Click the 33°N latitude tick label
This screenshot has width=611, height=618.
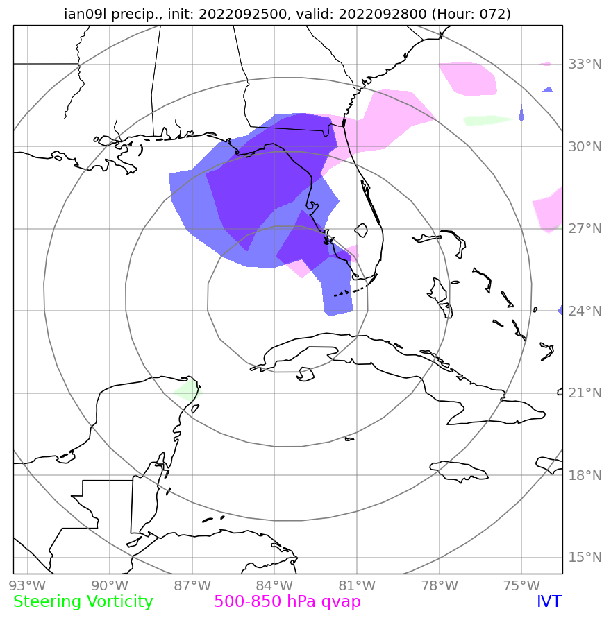coord(585,65)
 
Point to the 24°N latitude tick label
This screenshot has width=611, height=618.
coord(585,311)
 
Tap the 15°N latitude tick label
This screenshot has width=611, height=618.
coord(585,558)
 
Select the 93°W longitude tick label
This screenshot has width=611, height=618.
coord(27,584)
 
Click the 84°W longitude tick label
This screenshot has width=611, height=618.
coord(274,584)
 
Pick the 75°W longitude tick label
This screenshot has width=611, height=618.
coord(521,584)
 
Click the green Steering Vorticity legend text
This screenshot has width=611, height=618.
coord(83,601)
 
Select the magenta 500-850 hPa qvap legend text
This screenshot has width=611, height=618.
coord(287,601)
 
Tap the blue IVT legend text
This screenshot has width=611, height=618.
coord(549,601)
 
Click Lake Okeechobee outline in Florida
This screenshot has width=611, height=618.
coord(361,230)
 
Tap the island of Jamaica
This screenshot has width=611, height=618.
coord(459,471)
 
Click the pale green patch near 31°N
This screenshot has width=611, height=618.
coord(490,120)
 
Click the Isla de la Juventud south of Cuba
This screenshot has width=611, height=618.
coord(304,376)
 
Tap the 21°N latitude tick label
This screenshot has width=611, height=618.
coord(585,393)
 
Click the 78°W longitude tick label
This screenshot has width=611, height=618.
coord(439,584)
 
